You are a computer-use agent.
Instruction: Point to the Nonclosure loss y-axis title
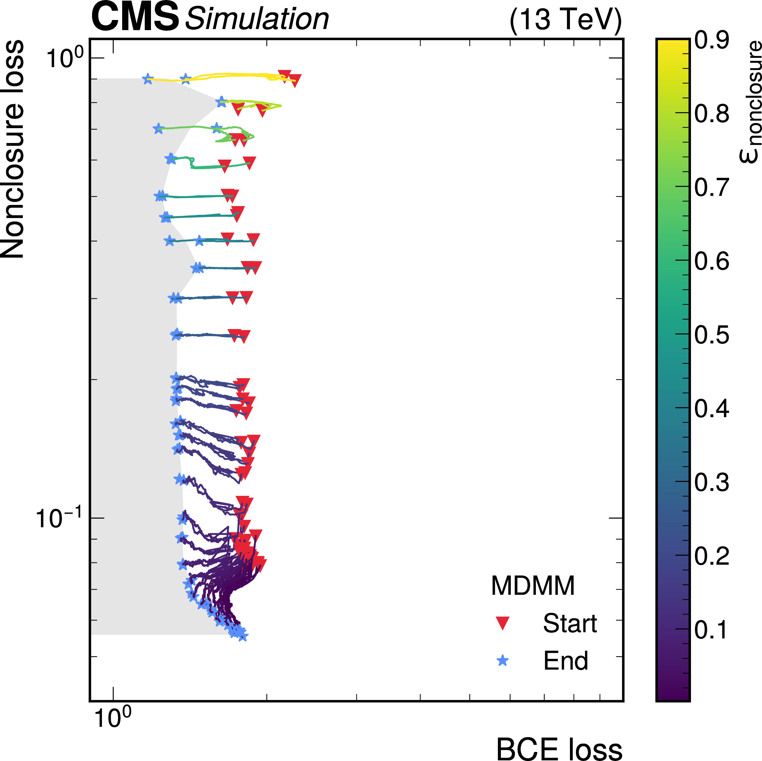click(13, 149)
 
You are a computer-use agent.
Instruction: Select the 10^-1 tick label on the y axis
click(59, 518)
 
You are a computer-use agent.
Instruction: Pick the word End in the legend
click(566, 660)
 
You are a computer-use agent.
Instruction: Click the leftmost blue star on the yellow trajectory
click(148, 79)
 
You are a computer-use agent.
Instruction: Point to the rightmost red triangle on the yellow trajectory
click(295, 80)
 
